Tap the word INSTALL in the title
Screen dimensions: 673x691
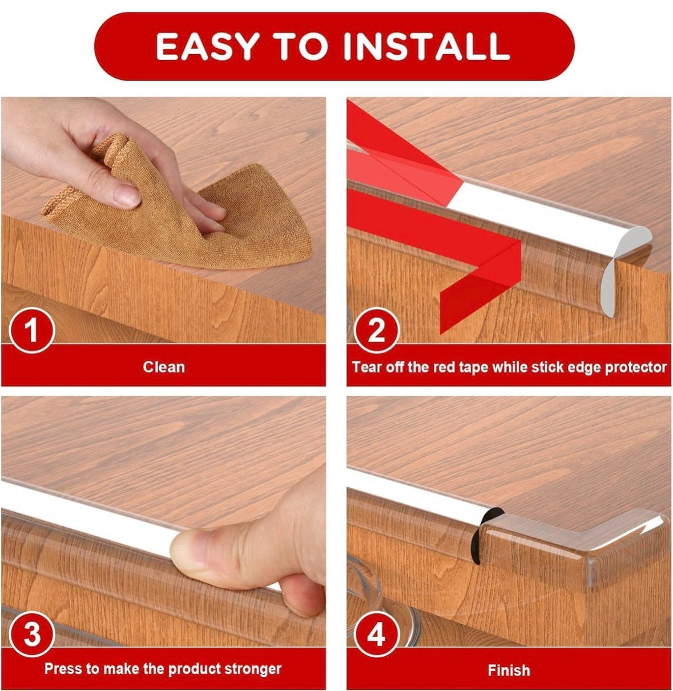tap(426, 46)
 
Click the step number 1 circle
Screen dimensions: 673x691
tap(32, 330)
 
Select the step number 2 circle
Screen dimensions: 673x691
tap(377, 330)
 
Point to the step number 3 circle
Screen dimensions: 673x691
tap(32, 634)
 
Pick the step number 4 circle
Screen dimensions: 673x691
tap(377, 634)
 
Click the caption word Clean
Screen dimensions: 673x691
tap(164, 367)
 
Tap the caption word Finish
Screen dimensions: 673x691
tap(509, 670)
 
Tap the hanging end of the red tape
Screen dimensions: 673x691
tap(475, 295)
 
